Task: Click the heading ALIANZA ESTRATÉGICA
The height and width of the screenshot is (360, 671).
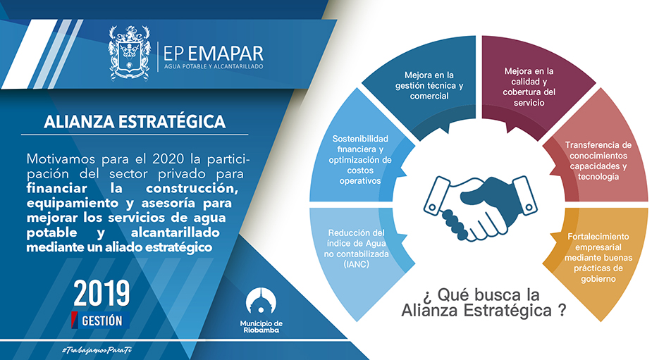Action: (135, 122)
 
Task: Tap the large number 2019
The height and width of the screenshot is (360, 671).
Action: (101, 293)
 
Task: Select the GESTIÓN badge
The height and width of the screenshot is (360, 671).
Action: (101, 321)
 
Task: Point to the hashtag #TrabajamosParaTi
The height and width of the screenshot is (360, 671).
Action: (97, 350)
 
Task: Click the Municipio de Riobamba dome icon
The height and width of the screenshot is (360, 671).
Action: (261, 302)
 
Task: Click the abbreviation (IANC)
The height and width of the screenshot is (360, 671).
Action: (357, 265)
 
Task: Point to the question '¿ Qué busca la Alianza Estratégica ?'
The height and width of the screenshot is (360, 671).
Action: (484, 302)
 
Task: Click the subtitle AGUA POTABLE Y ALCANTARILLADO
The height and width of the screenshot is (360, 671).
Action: (214, 67)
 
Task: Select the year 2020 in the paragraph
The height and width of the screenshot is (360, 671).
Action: (168, 159)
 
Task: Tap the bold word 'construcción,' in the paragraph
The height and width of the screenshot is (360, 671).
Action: (192, 188)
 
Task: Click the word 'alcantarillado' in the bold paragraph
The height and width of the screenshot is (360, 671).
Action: (175, 232)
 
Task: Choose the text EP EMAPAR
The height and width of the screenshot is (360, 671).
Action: (213, 54)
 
